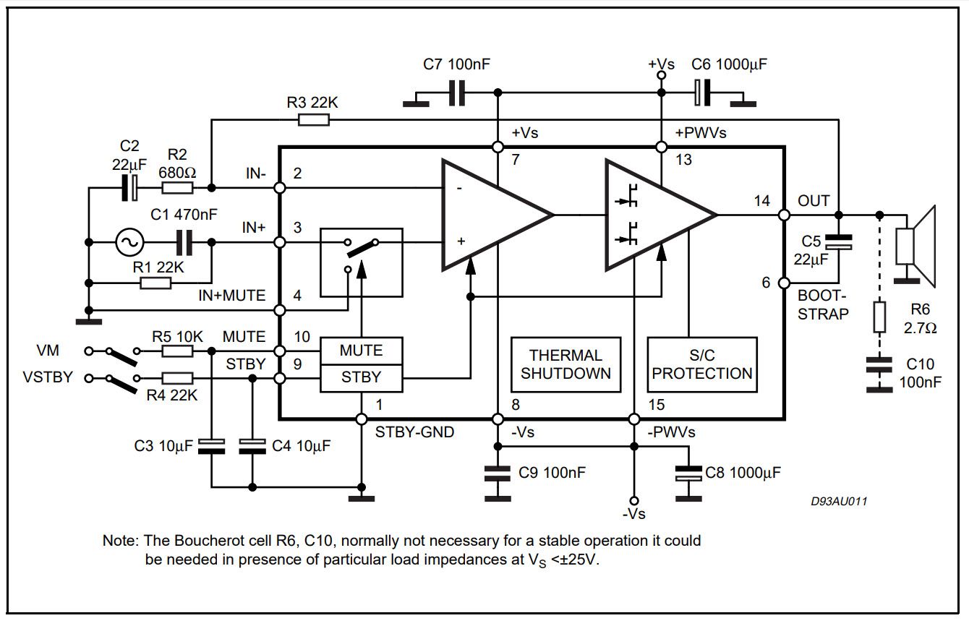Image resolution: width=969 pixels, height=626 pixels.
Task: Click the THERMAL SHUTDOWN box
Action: point(565,364)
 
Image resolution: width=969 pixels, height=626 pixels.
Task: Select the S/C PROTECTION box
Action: point(702,364)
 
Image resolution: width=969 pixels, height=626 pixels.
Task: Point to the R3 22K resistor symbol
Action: point(314,119)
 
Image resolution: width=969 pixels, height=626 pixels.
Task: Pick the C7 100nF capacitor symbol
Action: point(456,93)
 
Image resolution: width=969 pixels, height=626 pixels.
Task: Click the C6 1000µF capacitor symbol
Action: point(700,93)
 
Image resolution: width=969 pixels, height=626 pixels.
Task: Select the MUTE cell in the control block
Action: point(361,351)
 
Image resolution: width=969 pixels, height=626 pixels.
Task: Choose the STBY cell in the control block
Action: point(361,377)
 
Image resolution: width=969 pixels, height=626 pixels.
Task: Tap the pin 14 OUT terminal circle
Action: point(785,215)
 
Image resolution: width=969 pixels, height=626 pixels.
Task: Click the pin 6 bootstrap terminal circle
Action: point(785,283)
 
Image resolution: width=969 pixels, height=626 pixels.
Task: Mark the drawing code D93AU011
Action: point(839,501)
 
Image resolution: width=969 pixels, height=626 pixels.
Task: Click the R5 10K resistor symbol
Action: point(176,351)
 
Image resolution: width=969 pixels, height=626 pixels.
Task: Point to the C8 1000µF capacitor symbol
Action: point(688,473)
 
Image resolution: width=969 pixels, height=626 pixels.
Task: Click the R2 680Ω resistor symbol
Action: point(176,188)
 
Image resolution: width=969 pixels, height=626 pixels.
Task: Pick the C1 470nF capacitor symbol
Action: point(184,244)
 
